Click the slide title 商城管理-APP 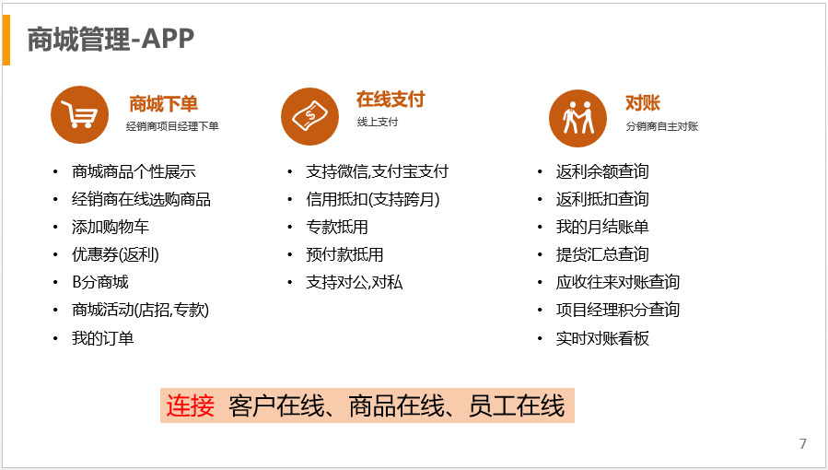(111, 39)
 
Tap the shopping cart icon (80, 114)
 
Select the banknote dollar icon (310, 116)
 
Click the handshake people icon (577, 118)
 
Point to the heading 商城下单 (164, 103)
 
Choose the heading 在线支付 (391, 100)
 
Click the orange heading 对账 (643, 103)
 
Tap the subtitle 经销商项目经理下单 (172, 126)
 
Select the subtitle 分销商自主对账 (662, 126)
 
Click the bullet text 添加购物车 (111, 227)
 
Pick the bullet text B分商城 (100, 282)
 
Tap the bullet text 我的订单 (103, 338)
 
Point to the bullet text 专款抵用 (337, 227)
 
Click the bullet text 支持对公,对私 (355, 282)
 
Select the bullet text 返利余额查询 (602, 171)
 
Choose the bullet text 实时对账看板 (602, 338)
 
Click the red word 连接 (190, 405)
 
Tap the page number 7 (802, 443)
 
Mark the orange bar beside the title (6, 41)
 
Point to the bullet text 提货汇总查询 (602, 254)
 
